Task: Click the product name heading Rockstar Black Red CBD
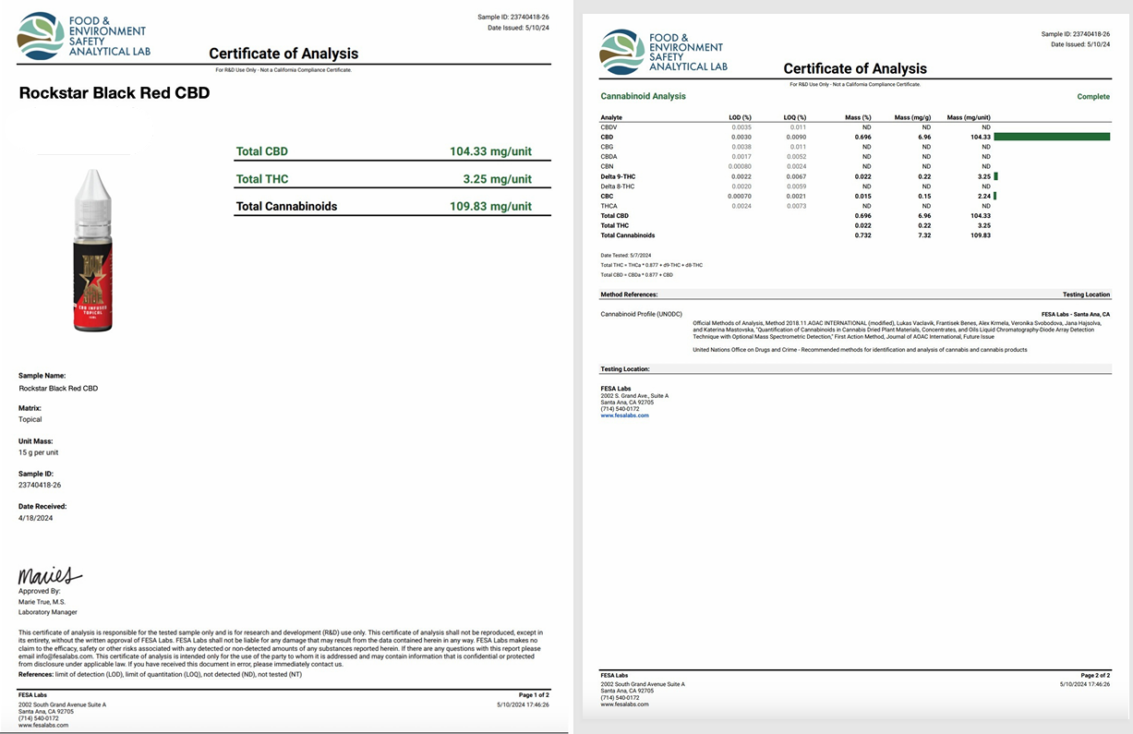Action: click(x=115, y=93)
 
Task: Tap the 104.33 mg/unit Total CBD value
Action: click(x=490, y=151)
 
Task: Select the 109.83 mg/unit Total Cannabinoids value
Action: click(x=490, y=206)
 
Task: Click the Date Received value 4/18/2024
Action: click(x=36, y=519)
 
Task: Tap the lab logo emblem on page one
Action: click(x=42, y=35)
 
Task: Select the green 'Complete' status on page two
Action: click(x=1093, y=97)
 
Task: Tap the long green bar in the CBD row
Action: click(x=1052, y=137)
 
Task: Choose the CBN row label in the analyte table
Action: click(x=608, y=166)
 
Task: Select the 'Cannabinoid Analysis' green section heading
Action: click(x=643, y=96)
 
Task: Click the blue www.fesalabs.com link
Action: click(x=624, y=415)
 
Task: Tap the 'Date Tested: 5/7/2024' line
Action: click(x=625, y=255)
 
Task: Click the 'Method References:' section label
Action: click(x=629, y=295)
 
